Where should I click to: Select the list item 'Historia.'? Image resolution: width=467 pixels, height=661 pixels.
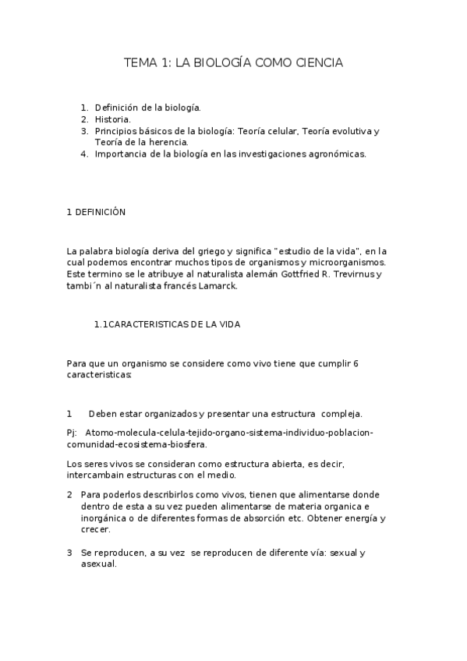point(113,119)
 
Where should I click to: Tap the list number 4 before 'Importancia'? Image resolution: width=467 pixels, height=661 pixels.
point(84,154)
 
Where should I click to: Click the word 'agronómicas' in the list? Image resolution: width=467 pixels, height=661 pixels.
point(338,154)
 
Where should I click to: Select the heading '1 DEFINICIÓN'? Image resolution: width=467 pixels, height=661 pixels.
point(96,212)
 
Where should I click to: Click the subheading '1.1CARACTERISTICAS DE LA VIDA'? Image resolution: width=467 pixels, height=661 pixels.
point(167,325)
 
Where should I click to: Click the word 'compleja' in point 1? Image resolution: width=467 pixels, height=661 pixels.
point(341,414)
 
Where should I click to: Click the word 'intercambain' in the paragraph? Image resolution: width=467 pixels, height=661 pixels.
point(94,475)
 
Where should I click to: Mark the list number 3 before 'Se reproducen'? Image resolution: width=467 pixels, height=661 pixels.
point(69,553)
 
